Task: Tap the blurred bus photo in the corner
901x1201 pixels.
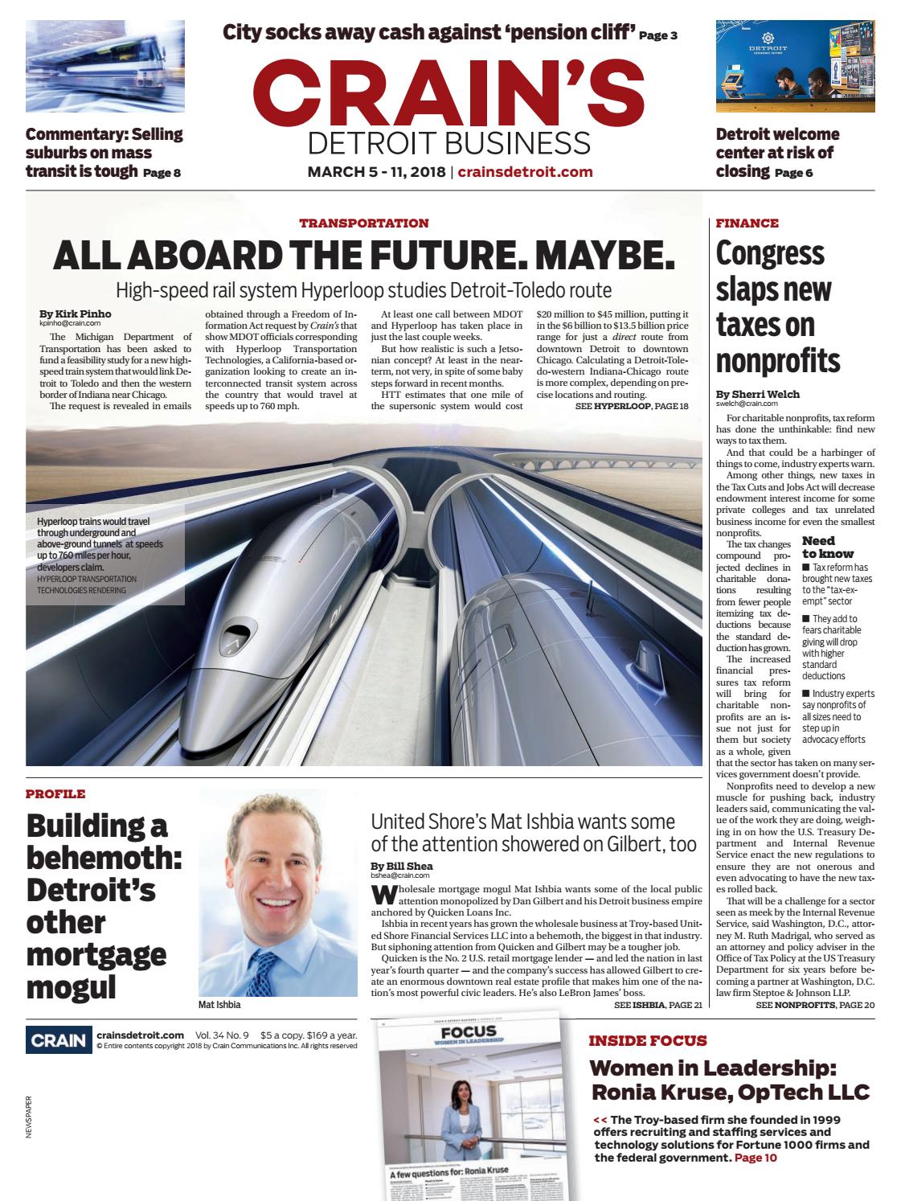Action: [105, 67]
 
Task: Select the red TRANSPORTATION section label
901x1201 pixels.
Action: [364, 223]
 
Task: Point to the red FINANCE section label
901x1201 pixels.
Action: [747, 223]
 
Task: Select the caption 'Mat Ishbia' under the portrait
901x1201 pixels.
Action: [219, 1005]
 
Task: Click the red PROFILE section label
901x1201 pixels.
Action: [55, 794]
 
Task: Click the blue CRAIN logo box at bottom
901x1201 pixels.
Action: [57, 1040]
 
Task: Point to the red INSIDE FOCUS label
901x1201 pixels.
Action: [648, 1040]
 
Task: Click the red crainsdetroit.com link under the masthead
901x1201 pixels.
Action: [525, 171]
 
